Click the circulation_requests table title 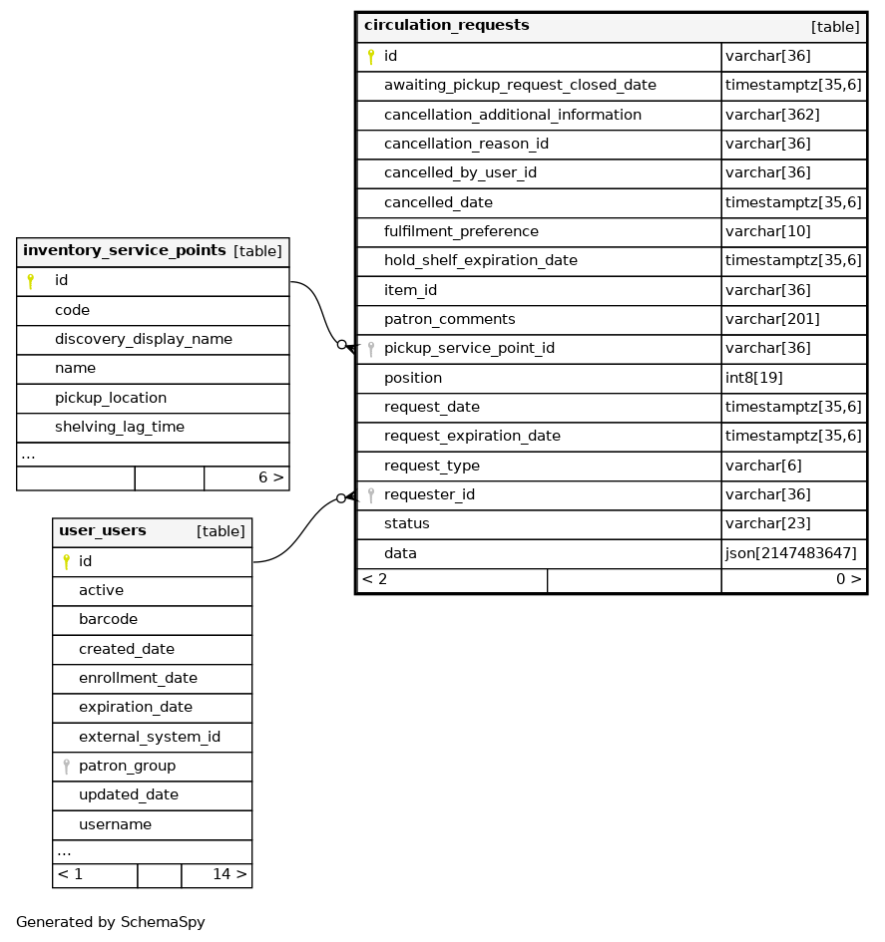pos(446,26)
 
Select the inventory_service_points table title pos(124,251)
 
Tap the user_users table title pos(103,531)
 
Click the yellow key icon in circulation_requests pos(370,57)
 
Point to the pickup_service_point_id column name pos(469,349)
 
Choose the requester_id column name pos(429,495)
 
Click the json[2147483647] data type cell pos(790,553)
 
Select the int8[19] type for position pos(754,379)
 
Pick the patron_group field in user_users pos(127,767)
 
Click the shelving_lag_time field pos(119,428)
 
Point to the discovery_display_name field pos(143,340)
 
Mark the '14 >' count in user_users pos(228,875)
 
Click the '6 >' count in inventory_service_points pos(270,478)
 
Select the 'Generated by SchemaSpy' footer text pos(111,923)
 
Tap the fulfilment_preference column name pos(461,232)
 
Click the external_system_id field pos(150,738)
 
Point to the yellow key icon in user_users pos(66,562)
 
